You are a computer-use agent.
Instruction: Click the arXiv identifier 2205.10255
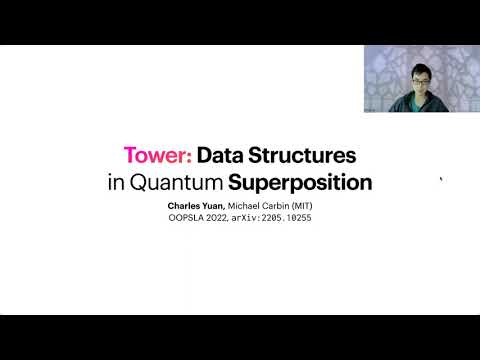[x=287, y=217]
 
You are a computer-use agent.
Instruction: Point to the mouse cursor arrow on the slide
[x=441, y=180]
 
